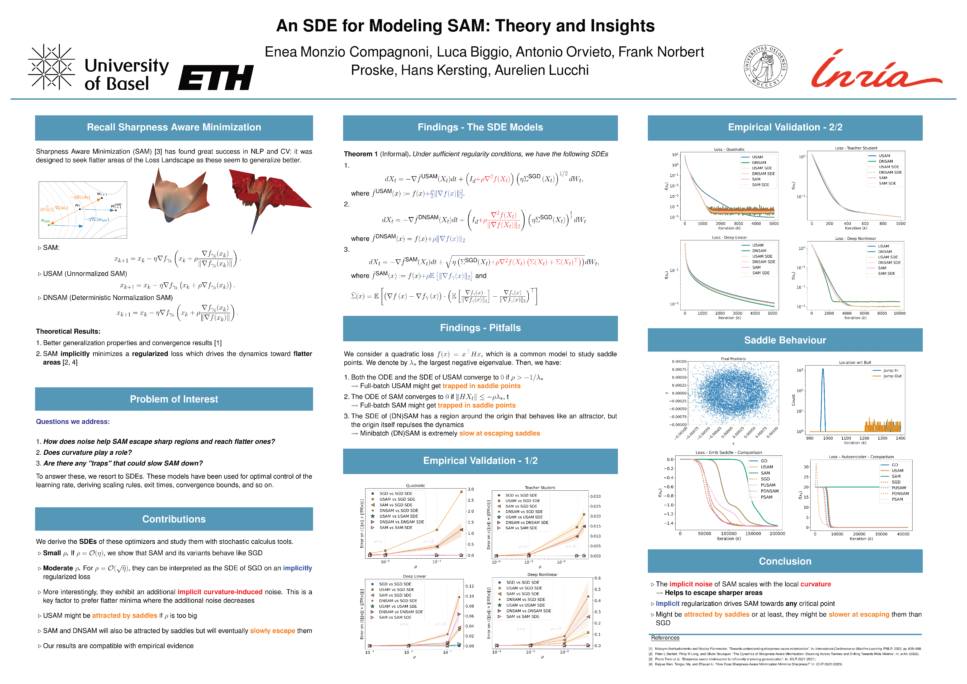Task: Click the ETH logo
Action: (216, 77)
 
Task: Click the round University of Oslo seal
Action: (765, 66)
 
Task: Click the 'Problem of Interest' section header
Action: (174, 399)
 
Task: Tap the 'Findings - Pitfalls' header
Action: (480, 328)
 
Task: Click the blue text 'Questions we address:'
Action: (72, 422)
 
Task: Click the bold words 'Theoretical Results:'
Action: (68, 332)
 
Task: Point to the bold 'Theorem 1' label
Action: (360, 154)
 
